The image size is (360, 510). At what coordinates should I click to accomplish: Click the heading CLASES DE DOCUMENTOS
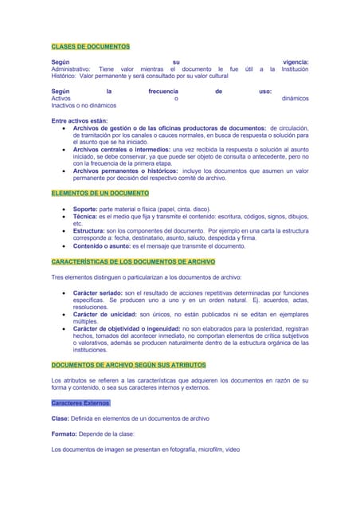90,47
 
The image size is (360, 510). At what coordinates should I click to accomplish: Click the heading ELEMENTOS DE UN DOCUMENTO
100,193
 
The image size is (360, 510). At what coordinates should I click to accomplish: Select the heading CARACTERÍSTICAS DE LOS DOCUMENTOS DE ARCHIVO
133,261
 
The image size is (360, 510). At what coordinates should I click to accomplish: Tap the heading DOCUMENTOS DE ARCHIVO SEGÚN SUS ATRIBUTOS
128,364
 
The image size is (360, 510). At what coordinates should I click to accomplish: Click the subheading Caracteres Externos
80,403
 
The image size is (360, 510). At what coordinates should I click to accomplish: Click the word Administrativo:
71,69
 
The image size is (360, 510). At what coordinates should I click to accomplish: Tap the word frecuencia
163,92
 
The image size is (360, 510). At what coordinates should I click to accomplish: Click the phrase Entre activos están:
79,120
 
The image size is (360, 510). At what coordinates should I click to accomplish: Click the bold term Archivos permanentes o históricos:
126,171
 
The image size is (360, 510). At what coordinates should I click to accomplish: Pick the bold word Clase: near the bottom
61,418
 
